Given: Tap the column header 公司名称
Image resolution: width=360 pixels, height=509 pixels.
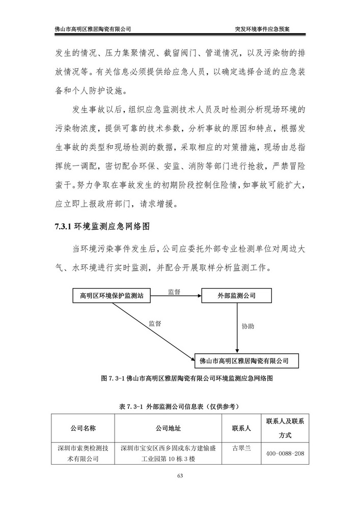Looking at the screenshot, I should [x=83, y=429].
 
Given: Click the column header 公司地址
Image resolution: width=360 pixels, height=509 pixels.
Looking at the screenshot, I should [x=168, y=429].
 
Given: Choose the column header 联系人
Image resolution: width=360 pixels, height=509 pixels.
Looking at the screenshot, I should [x=241, y=429].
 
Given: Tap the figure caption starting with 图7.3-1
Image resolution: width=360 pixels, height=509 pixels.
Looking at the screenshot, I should [x=180, y=378].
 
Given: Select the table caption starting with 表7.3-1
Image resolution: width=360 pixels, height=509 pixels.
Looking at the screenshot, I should [x=180, y=407].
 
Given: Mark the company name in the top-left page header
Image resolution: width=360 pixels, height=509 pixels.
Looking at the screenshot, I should [x=93, y=29].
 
